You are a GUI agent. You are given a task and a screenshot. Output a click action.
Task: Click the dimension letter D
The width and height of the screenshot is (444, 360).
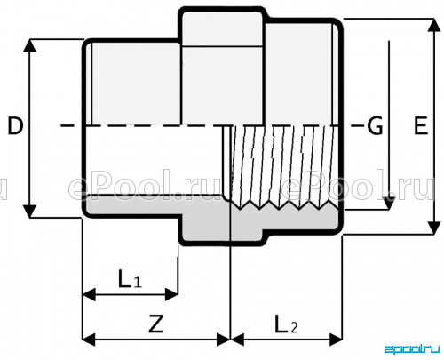[15, 126]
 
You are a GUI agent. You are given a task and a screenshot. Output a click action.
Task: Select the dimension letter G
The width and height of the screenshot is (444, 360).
[375, 126]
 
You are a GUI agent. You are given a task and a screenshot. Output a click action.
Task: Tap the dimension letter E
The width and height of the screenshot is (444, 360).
[421, 126]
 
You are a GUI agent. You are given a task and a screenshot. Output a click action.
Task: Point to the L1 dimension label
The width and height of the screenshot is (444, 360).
[130, 279]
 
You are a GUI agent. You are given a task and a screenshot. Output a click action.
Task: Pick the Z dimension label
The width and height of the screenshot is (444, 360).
[156, 324]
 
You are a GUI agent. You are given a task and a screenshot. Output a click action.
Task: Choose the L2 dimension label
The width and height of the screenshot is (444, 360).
[286, 324]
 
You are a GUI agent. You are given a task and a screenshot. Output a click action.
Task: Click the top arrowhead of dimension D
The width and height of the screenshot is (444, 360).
[29, 45]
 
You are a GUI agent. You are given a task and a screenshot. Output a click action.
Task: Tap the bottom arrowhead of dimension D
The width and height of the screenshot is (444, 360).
[29, 211]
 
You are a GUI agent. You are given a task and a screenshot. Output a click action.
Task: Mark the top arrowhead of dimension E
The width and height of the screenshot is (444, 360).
[434, 25]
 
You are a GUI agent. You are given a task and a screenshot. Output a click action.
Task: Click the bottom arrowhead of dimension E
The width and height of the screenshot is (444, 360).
[434, 228]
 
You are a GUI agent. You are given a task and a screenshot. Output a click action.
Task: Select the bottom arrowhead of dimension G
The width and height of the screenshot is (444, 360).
[389, 204]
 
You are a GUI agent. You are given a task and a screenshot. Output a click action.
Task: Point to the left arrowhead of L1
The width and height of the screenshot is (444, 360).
[89, 294]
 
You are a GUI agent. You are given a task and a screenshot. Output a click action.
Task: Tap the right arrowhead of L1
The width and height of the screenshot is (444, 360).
[171, 294]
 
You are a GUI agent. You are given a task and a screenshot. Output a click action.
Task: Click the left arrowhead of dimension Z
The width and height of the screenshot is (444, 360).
[89, 340]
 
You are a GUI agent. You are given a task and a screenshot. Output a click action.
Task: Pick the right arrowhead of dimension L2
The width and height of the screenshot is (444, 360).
[336, 340]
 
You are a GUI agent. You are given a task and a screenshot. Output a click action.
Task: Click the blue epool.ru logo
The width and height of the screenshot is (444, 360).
[411, 348]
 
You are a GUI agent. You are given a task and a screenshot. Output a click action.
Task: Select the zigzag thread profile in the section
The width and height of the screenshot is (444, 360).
[285, 205]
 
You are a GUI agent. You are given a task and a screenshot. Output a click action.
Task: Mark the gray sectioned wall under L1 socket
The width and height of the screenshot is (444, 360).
[131, 205]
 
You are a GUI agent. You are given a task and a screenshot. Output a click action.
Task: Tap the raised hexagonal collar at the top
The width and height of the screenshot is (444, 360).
[222, 28]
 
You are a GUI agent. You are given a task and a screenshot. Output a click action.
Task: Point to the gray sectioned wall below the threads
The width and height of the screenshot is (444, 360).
[284, 220]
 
